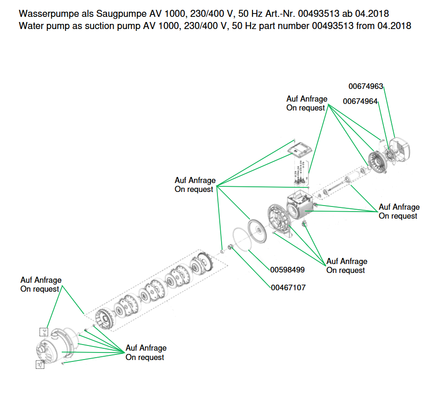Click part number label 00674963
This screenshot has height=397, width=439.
pos(366,86)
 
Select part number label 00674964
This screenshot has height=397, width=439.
pos(360,101)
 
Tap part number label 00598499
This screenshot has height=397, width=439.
pos(288,270)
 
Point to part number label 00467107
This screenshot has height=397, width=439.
pos(288,287)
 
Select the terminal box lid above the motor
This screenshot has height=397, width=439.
pos(300,150)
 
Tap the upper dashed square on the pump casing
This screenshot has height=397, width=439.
pos(43,332)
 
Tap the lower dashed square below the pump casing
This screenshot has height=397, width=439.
pos(40,364)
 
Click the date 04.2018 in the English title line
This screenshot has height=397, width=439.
pos(394,26)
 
